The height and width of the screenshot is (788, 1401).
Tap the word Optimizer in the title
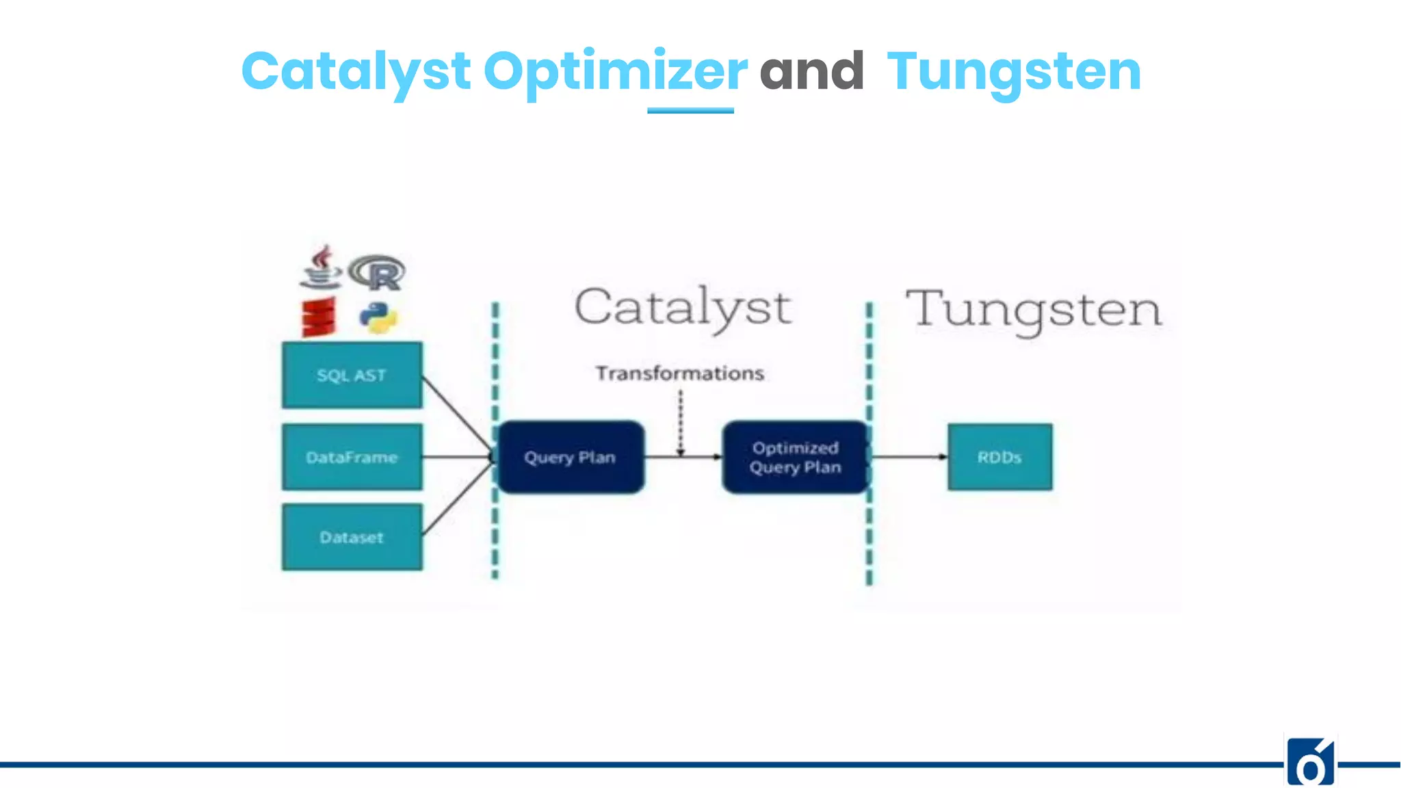point(616,73)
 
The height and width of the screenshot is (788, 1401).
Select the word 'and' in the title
point(812,71)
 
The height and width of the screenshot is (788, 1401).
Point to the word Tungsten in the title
point(1014,73)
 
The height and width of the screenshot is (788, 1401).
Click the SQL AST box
point(352,376)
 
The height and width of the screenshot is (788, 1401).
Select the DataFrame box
point(352,457)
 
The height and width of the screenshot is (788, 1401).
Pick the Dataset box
point(352,537)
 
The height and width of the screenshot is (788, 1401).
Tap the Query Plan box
point(571,457)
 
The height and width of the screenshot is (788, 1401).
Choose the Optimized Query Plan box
point(795,457)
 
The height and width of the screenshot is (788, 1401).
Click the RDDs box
point(999,457)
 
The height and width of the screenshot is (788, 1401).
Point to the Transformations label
point(679,373)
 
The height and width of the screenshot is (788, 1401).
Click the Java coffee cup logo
point(320,267)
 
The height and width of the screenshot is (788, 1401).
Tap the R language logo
point(378,273)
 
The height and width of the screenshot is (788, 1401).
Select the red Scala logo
point(319,317)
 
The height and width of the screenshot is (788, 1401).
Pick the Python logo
point(378,317)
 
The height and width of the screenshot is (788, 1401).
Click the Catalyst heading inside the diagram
point(683,308)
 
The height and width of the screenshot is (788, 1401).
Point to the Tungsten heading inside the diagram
point(1034,310)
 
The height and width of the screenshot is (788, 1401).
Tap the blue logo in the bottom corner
point(1310,762)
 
